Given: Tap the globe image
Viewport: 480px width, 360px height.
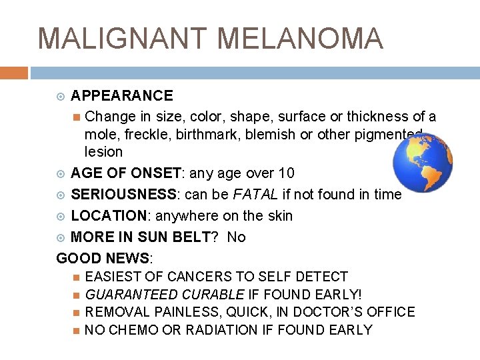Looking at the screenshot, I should point(422,165).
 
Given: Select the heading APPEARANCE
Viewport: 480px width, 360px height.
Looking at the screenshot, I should point(121,96).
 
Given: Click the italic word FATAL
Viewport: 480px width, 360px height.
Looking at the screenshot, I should point(251,195).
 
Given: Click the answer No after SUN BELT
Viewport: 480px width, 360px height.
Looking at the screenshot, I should point(236,237).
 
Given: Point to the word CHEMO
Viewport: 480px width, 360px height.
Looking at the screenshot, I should point(133,330).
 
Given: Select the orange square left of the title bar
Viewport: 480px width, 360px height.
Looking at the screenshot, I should point(14,72).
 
